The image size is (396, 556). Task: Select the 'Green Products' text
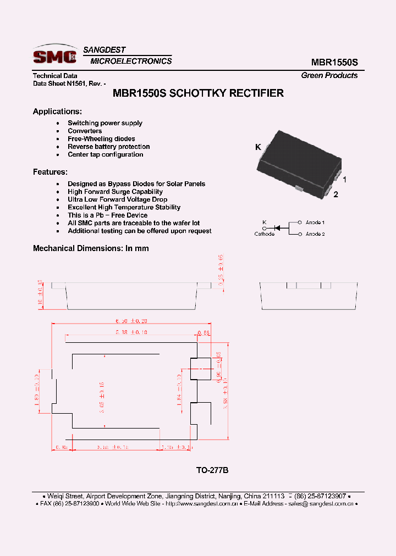coord(329,75)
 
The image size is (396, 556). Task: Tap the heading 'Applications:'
coord(57,112)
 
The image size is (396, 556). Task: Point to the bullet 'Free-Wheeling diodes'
coord(101,139)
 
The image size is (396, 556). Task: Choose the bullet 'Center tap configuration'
coord(105,154)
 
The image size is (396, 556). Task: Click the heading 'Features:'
coord(50,171)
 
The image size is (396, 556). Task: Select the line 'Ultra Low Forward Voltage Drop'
coord(117,199)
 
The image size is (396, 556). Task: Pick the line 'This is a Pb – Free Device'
coord(107,215)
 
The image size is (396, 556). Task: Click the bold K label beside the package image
coord(257,147)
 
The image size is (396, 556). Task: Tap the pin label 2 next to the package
coord(335,194)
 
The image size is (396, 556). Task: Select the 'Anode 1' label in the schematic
coord(315,223)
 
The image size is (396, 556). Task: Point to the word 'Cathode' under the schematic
coord(264,234)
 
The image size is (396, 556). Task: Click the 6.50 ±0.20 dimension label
coord(131,321)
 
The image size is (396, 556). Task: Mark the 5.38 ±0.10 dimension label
coord(131,332)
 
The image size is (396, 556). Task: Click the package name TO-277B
coord(212,470)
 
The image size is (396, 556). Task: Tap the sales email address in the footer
coord(321,503)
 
